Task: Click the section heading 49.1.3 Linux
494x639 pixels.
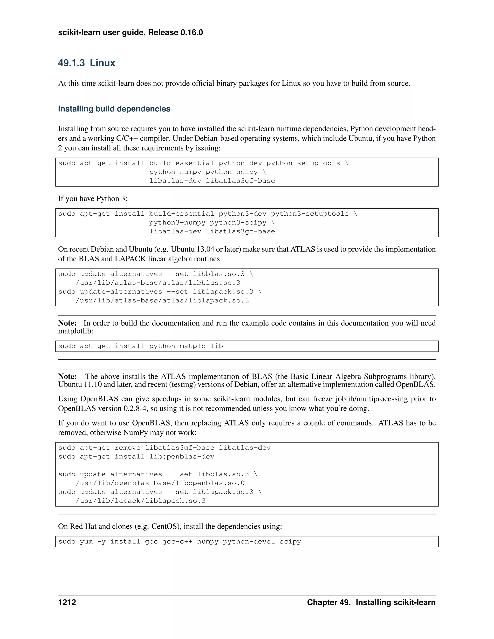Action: tap(87, 63)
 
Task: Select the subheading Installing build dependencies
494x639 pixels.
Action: tap(114, 109)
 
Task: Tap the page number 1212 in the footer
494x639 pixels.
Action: tap(67, 602)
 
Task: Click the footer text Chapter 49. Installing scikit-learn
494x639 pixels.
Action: tap(371, 602)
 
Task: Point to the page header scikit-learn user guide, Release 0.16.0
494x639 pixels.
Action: tap(130, 33)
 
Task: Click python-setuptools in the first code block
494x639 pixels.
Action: tap(303, 163)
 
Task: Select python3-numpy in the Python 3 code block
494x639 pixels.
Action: tap(177, 223)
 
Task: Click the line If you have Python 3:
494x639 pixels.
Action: tap(92, 199)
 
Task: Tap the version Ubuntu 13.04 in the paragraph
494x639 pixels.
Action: tap(192, 249)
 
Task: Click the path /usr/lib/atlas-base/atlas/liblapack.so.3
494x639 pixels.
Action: tap(162, 300)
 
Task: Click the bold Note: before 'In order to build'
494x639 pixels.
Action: tap(67, 323)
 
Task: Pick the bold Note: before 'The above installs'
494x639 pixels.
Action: tap(67, 377)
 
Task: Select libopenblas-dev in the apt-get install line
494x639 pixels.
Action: tap(182, 457)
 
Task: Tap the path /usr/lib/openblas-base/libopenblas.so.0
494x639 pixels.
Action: tap(160, 483)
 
